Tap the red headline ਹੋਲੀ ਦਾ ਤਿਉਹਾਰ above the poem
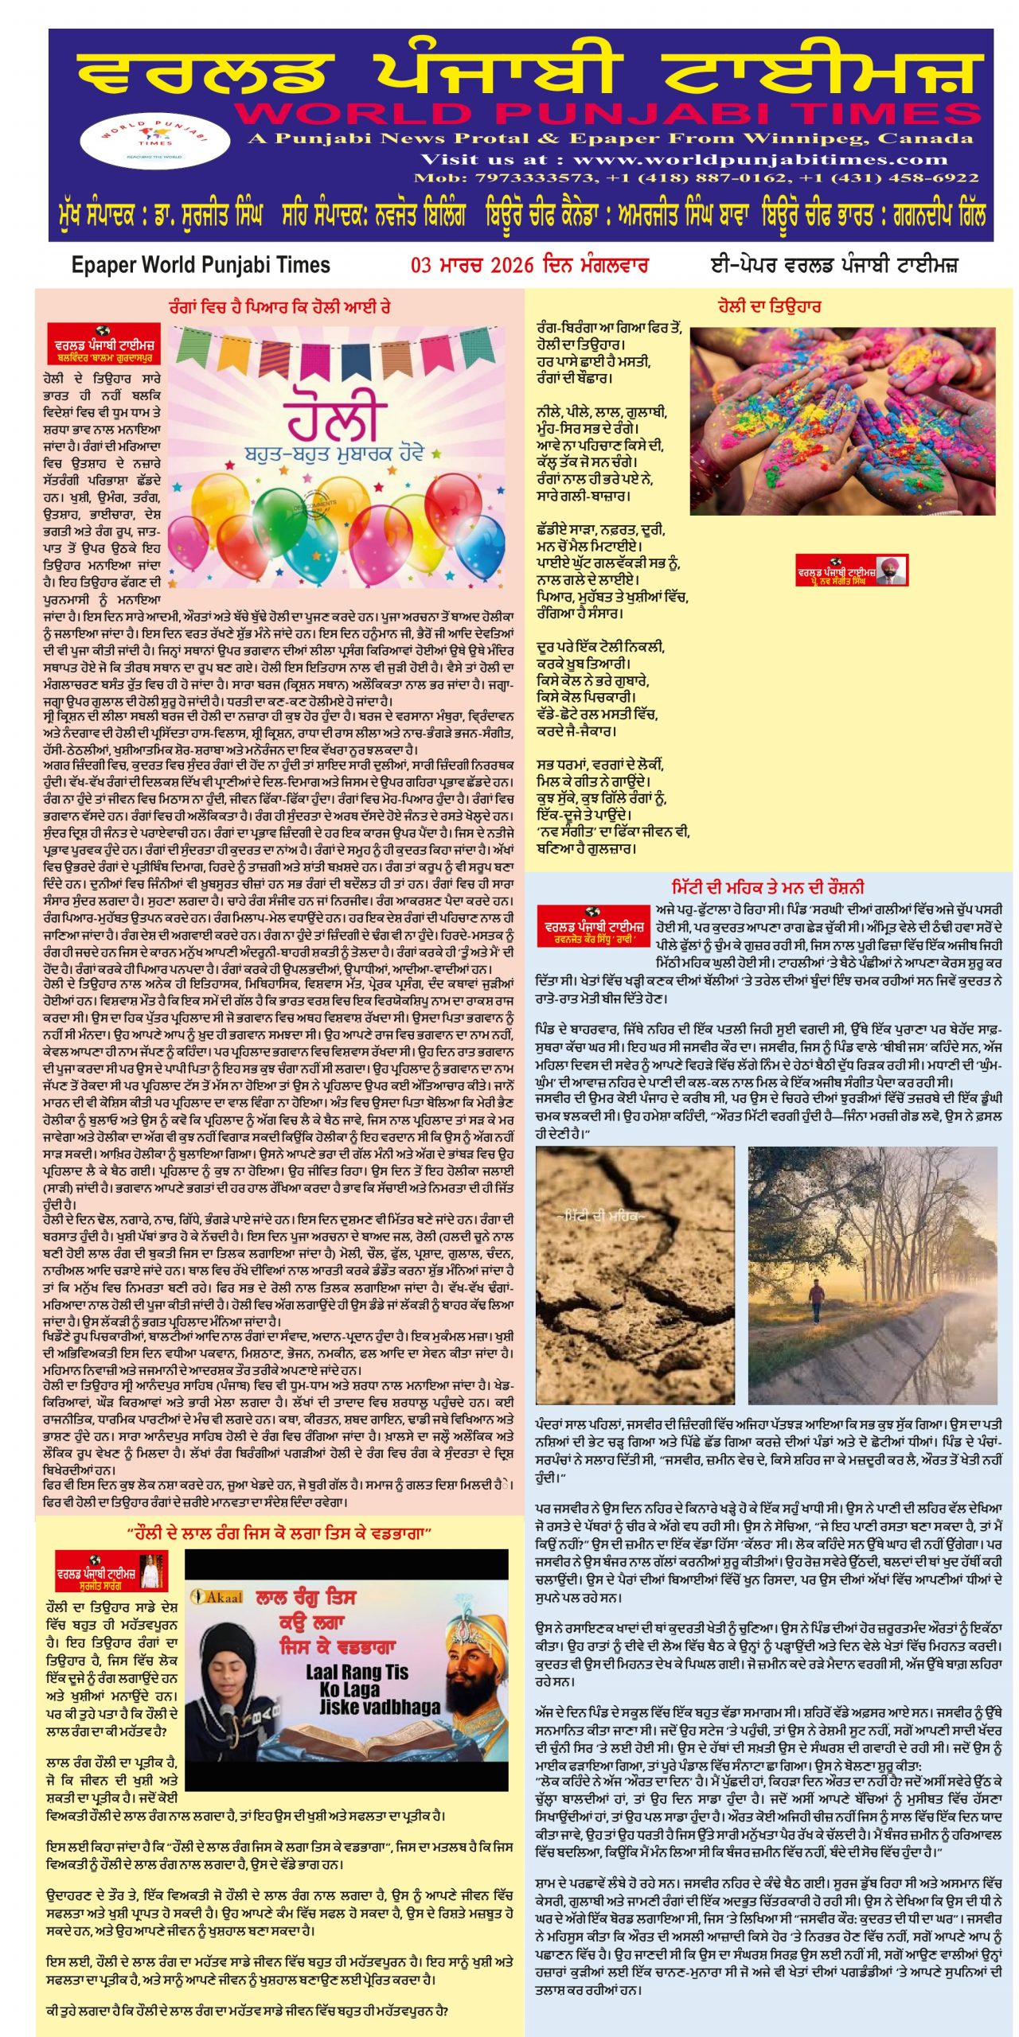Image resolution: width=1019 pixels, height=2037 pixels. (768, 306)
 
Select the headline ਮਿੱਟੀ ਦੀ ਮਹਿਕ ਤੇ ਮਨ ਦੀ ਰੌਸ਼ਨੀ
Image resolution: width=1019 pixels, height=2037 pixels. (768, 887)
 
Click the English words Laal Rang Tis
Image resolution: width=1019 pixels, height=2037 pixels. (356, 1673)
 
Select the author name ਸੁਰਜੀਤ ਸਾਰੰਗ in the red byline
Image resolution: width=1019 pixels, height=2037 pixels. (100, 1585)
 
